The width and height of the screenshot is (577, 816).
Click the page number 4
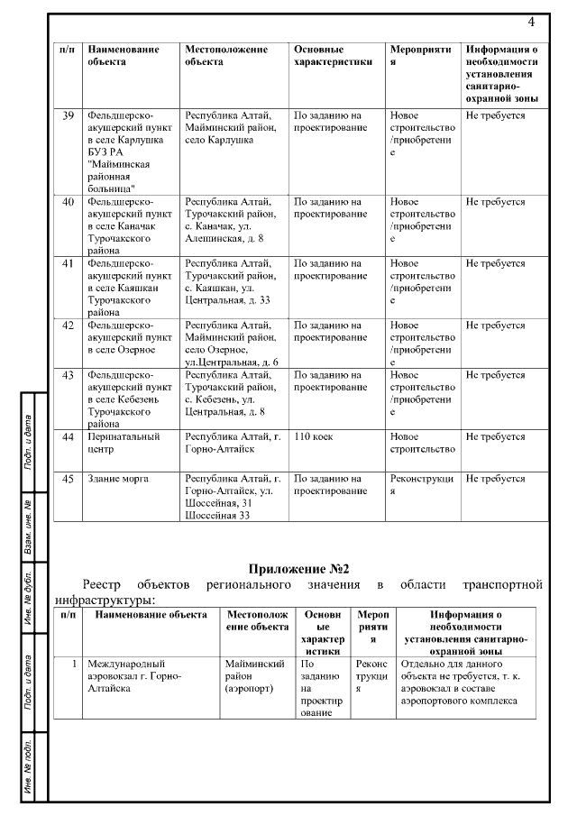click(531, 22)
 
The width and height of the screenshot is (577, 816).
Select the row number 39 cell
click(68, 116)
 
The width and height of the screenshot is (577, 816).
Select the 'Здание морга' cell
click(118, 478)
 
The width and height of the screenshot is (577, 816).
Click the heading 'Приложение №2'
click(298, 569)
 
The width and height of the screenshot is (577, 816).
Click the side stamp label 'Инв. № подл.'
click(29, 762)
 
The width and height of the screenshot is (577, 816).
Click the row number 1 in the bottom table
click(71, 664)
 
